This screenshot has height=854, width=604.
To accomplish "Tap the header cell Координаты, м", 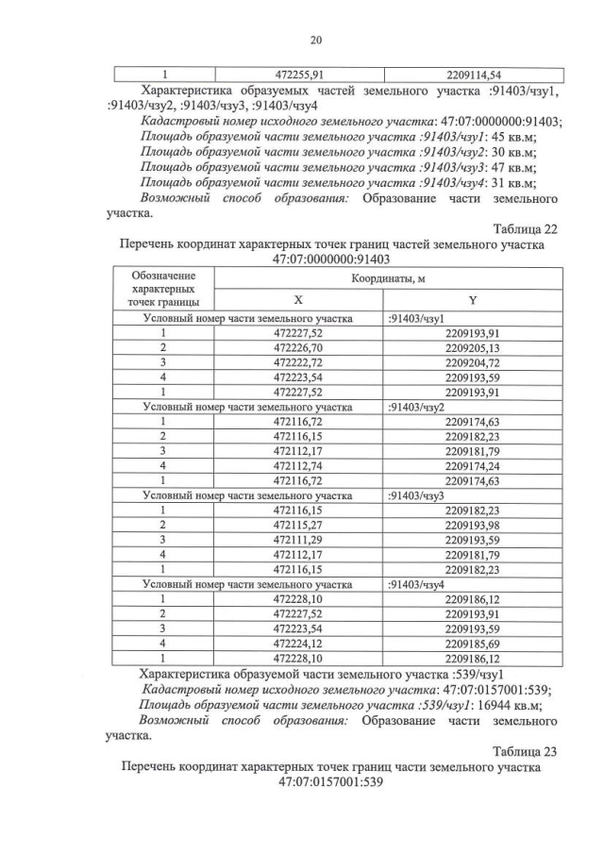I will [x=388, y=279].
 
